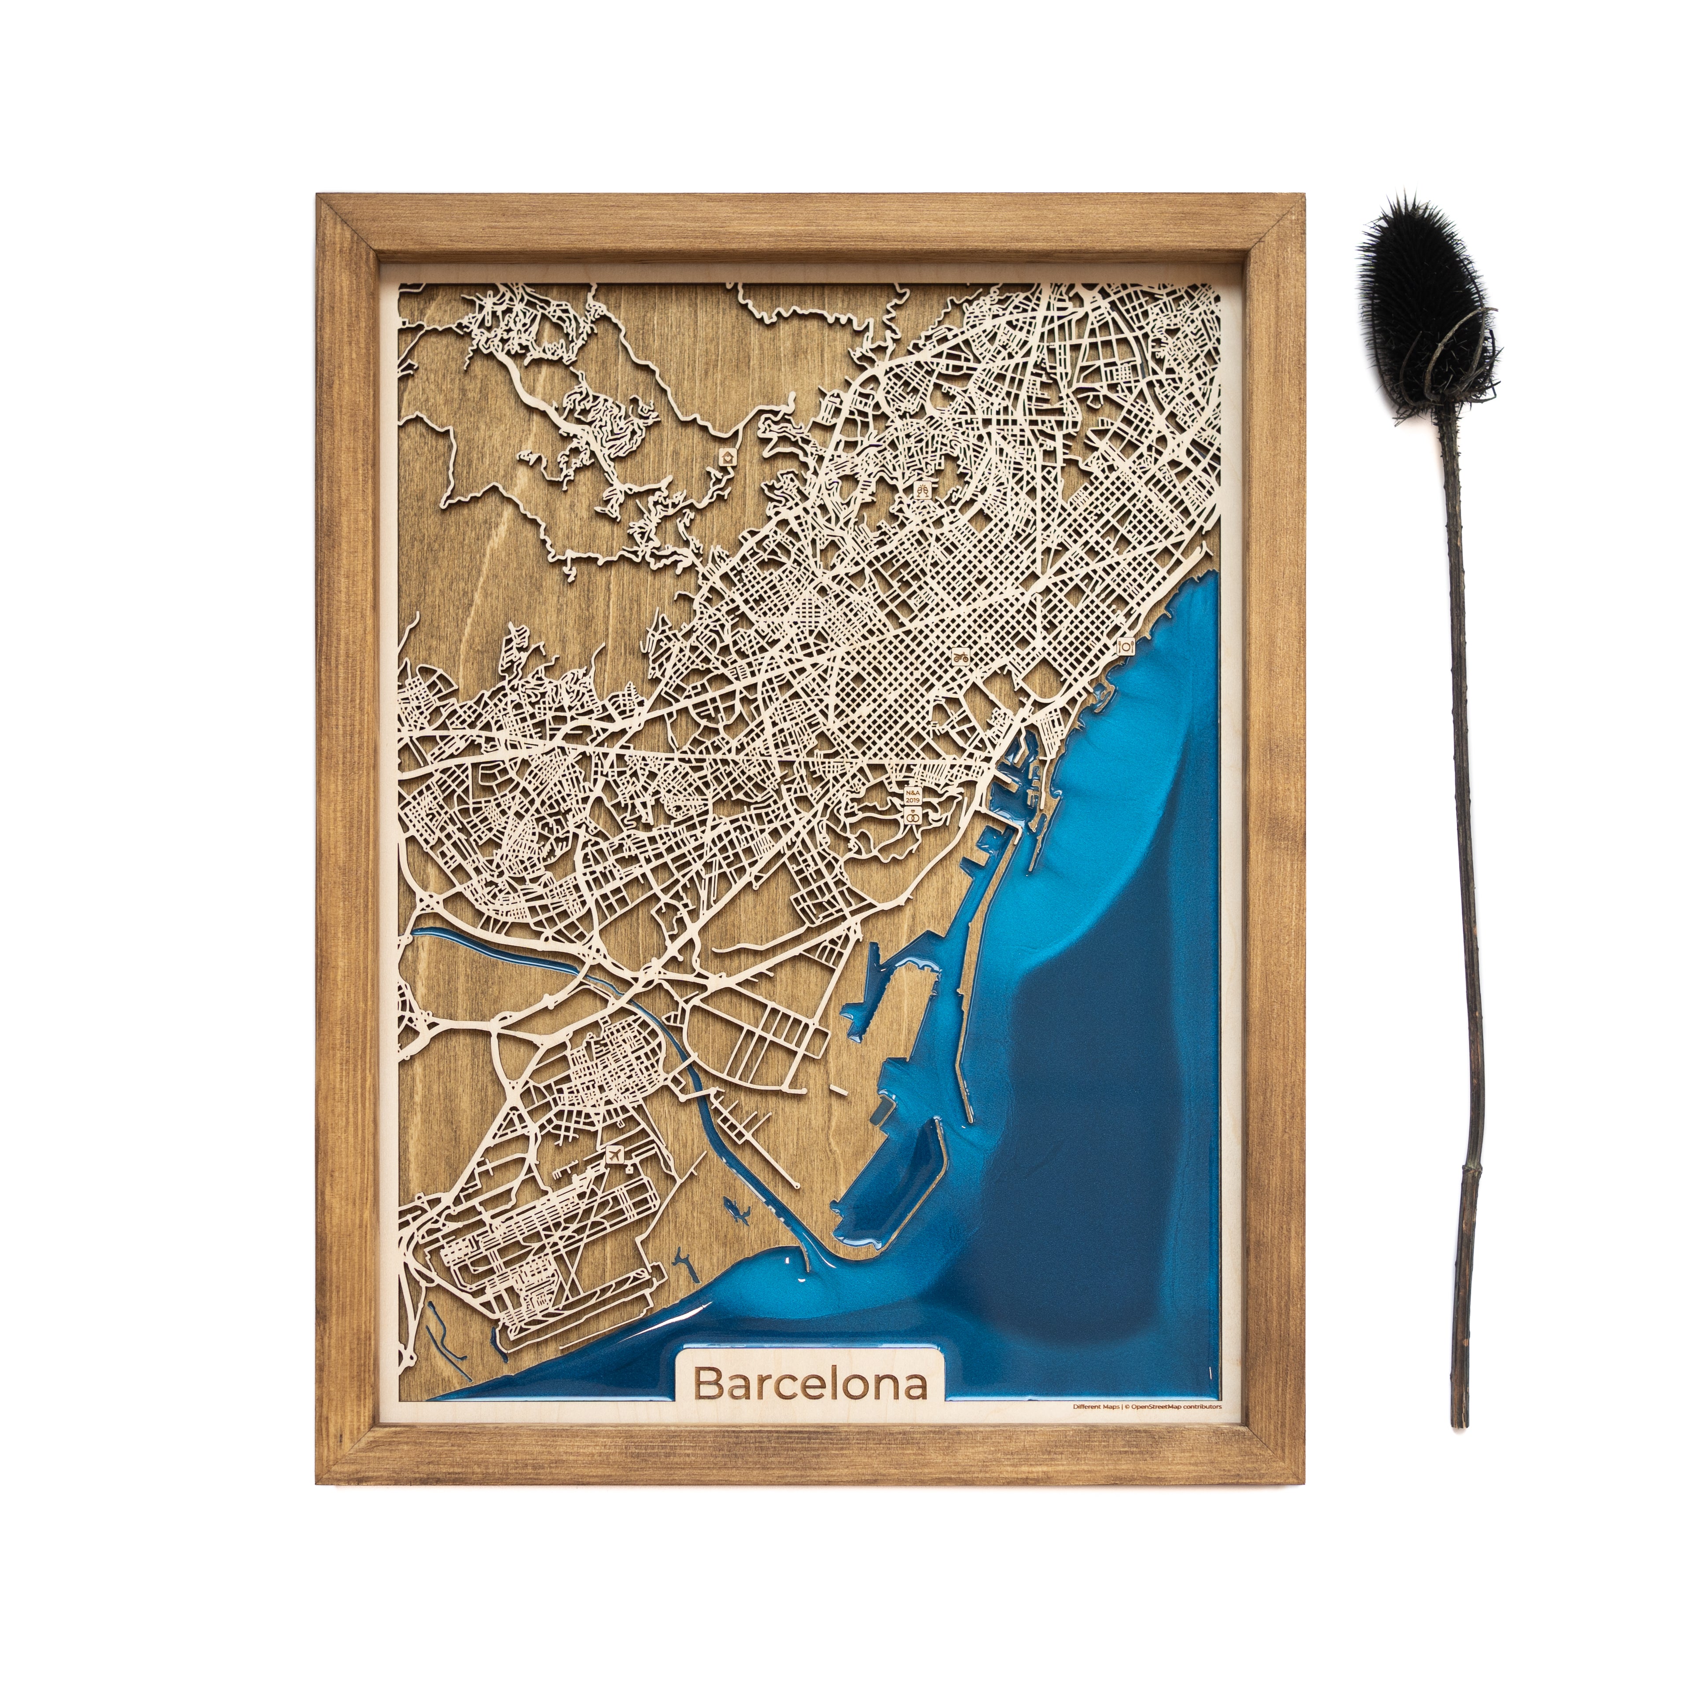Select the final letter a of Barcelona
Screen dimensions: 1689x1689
tap(915, 1386)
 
